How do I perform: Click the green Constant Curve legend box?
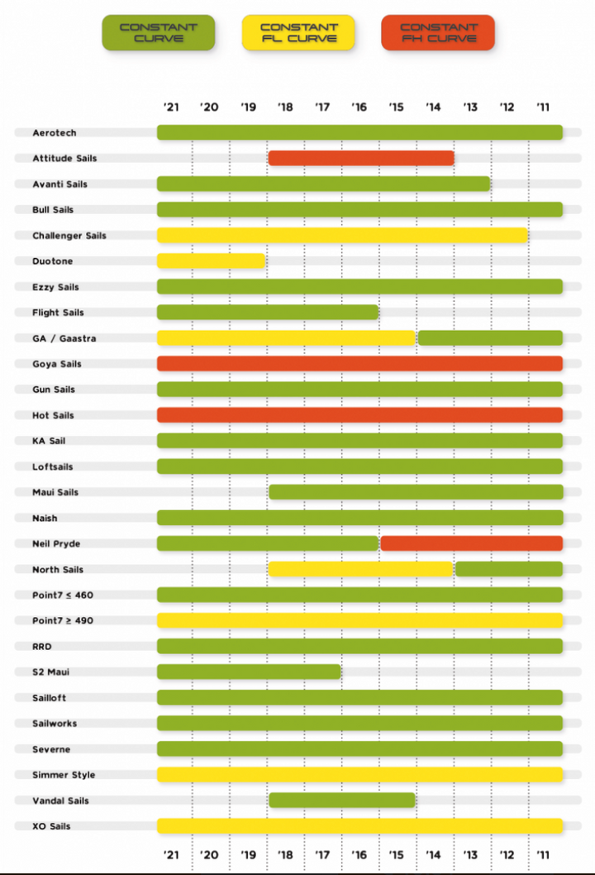[x=159, y=33]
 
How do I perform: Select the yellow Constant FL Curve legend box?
[x=298, y=33]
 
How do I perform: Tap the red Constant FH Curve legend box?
[x=438, y=33]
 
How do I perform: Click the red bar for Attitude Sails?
[x=361, y=158]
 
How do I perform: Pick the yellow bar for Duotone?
[x=211, y=261]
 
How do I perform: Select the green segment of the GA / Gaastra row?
[x=490, y=337]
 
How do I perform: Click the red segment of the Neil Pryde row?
[x=471, y=543]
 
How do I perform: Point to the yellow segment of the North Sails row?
[x=360, y=569]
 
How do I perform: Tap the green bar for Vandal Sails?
[x=341, y=801]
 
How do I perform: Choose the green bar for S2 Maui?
[x=249, y=672]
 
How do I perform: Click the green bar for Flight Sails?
[x=268, y=313]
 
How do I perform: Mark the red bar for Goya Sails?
[x=359, y=363]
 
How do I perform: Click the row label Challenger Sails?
[x=69, y=236]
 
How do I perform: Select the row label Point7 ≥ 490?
[x=64, y=620]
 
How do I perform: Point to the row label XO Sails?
[x=51, y=826]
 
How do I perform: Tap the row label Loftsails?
[x=53, y=466]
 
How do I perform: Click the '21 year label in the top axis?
[x=171, y=107]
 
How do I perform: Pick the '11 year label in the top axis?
[x=543, y=107]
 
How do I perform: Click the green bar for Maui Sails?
[x=416, y=492]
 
